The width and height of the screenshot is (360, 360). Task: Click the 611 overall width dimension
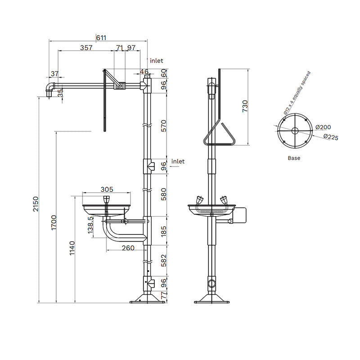click(x=101, y=38)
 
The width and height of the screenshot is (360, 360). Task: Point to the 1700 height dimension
click(x=53, y=223)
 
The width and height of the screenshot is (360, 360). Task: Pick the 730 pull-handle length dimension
click(x=245, y=106)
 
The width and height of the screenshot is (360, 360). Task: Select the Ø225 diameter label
click(x=330, y=137)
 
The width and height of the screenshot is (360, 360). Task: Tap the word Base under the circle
click(x=294, y=158)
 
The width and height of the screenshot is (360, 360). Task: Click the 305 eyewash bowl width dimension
click(x=107, y=189)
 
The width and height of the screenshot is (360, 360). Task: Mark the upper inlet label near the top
click(x=156, y=60)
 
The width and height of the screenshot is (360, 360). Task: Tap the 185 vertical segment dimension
click(x=164, y=231)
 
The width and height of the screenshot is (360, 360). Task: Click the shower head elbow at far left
click(x=49, y=88)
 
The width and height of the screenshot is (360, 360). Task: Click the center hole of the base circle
click(x=294, y=131)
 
